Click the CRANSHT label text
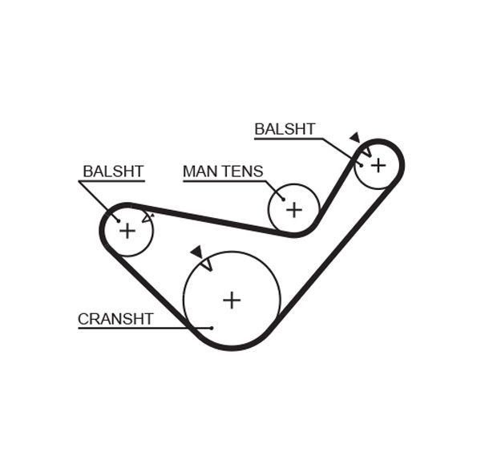point(115,319)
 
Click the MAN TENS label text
point(222,171)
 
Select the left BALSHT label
point(113,171)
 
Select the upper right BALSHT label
point(285,129)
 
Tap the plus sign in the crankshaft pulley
point(232,300)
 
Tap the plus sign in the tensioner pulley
point(294,209)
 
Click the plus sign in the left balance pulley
point(127,231)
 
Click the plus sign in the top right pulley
point(378,164)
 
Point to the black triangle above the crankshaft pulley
point(196,252)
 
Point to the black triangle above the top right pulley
point(354,138)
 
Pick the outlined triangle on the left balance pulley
point(146,217)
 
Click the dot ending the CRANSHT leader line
point(211,327)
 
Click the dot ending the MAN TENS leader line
point(282,198)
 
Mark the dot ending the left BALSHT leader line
point(118,220)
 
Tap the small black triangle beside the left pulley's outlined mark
point(152,213)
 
